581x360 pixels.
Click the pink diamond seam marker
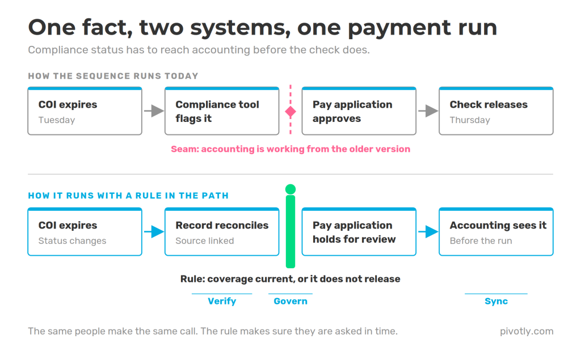point(290,112)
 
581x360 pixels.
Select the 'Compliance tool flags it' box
point(222,111)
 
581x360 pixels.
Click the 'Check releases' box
point(496,111)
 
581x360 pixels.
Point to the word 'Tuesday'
point(57,120)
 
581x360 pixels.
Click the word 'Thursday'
point(470,120)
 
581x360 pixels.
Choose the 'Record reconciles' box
point(222,232)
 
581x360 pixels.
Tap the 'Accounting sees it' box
point(496,232)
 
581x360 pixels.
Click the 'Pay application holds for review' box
point(359,232)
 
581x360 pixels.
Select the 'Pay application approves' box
point(359,111)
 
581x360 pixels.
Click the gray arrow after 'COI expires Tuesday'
point(154,111)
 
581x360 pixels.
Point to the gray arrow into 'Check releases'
point(428,111)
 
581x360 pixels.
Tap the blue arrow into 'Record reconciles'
point(154,232)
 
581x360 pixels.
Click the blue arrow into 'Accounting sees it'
point(428,232)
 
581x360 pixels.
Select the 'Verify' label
point(222,301)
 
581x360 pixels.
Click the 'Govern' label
point(290,301)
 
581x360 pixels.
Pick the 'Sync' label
point(496,301)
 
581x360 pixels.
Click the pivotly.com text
point(527,331)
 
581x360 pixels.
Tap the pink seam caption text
point(290,149)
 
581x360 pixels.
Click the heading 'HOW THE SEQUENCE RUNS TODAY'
point(113,76)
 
